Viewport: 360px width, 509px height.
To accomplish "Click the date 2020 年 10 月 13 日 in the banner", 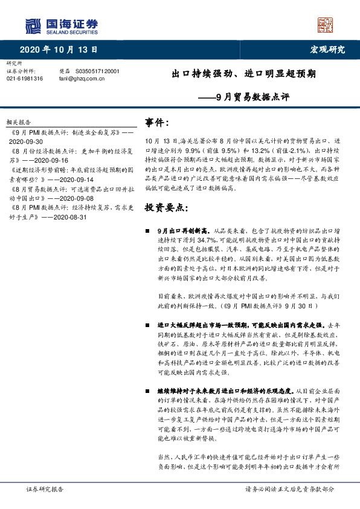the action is point(58,50).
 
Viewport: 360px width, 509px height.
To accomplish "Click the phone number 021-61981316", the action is point(25,78).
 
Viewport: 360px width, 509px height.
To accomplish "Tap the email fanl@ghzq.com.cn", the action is point(82,78).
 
